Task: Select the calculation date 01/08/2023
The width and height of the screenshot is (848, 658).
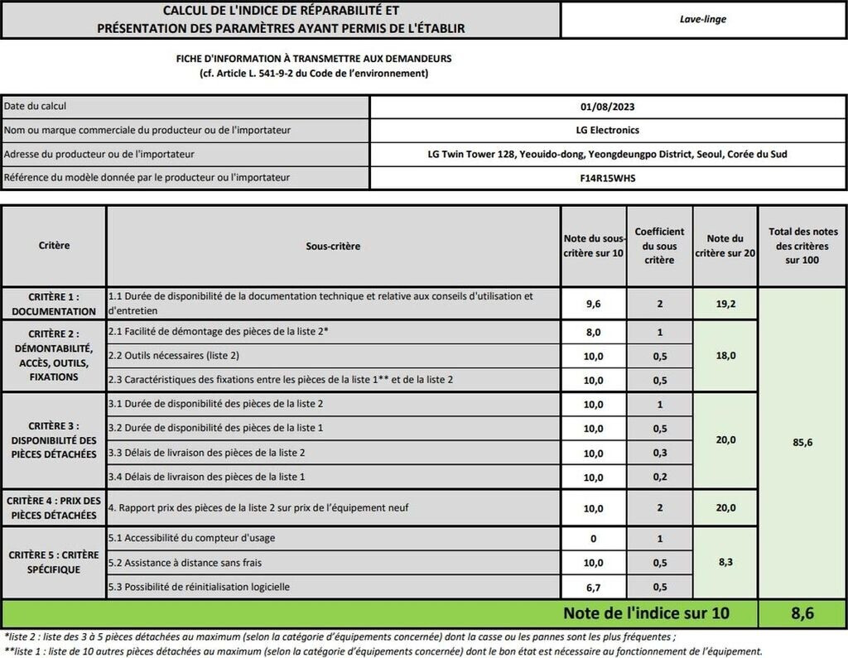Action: point(608,107)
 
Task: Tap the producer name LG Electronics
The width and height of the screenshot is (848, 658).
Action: point(608,130)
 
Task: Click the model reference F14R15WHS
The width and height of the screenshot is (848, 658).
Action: point(608,177)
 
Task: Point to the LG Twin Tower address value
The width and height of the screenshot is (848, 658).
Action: point(608,154)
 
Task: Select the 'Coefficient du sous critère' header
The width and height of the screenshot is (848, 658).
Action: point(659,246)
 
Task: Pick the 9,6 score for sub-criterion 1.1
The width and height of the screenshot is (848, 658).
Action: point(592,304)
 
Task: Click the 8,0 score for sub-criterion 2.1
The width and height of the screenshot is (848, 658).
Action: point(592,331)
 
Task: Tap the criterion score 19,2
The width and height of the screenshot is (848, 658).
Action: point(725,304)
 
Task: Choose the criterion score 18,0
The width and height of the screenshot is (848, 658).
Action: point(725,356)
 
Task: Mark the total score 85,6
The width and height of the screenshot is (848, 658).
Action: point(802,443)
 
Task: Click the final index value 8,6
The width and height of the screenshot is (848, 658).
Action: point(802,614)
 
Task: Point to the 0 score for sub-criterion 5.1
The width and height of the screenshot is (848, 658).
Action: point(592,539)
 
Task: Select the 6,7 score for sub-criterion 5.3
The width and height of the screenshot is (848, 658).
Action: point(592,588)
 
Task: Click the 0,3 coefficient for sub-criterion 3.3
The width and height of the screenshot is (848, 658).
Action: point(659,453)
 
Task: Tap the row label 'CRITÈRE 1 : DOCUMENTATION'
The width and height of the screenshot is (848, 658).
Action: point(54,304)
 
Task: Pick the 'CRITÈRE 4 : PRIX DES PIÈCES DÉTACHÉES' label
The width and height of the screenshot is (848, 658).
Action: point(54,507)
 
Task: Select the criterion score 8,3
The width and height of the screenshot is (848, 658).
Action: point(725,563)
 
